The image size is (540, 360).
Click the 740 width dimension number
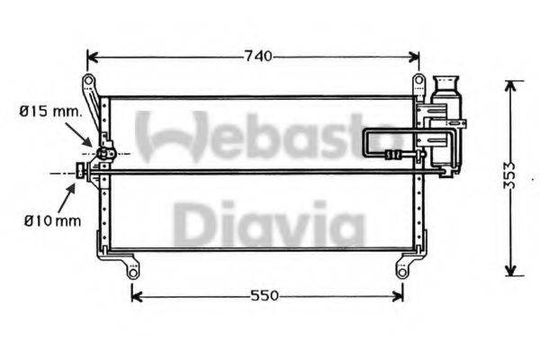(x=257, y=57)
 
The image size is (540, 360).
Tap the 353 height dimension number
(x=510, y=175)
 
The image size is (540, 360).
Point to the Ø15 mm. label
(x=50, y=112)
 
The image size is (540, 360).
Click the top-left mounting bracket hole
(x=88, y=83)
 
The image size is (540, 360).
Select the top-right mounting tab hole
(x=418, y=83)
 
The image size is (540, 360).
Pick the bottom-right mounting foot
(x=402, y=268)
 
